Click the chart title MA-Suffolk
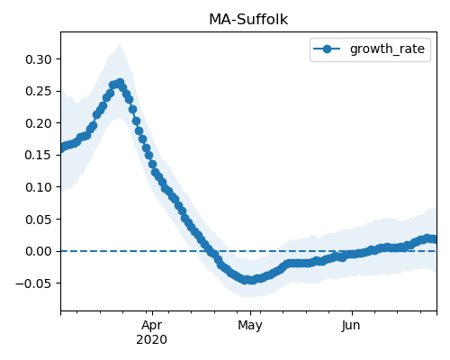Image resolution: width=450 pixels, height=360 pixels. tap(248, 20)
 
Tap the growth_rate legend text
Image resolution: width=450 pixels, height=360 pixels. tap(387, 49)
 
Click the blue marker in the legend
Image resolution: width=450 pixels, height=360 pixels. tap(327, 49)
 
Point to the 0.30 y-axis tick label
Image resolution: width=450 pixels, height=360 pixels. tap(39, 59)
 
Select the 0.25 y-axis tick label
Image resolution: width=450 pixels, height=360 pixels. tap(39, 91)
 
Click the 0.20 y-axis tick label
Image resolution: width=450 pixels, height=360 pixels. tap(39, 123)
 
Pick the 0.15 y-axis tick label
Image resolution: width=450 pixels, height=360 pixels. tap(39, 155)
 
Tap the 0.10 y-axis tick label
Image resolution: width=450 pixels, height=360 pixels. tap(39, 187)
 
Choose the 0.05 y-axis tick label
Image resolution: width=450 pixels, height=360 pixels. tap(39, 220)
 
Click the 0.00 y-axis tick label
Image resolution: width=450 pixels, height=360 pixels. tap(39, 251)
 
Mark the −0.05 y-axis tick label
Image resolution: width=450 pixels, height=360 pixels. tap(33, 283)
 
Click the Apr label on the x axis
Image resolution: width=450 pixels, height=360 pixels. tap(152, 326)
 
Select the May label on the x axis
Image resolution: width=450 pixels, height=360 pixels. tap(250, 326)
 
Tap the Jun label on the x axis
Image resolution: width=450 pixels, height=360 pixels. tap(351, 326)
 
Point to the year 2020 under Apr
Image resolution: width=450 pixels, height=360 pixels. tap(151, 340)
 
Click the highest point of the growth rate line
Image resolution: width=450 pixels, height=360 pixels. tap(121, 83)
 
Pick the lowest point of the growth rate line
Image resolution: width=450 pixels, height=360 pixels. tap(251, 280)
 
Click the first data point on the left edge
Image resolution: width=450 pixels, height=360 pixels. tap(61, 148)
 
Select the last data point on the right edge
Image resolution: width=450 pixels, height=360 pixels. tap(435, 239)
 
